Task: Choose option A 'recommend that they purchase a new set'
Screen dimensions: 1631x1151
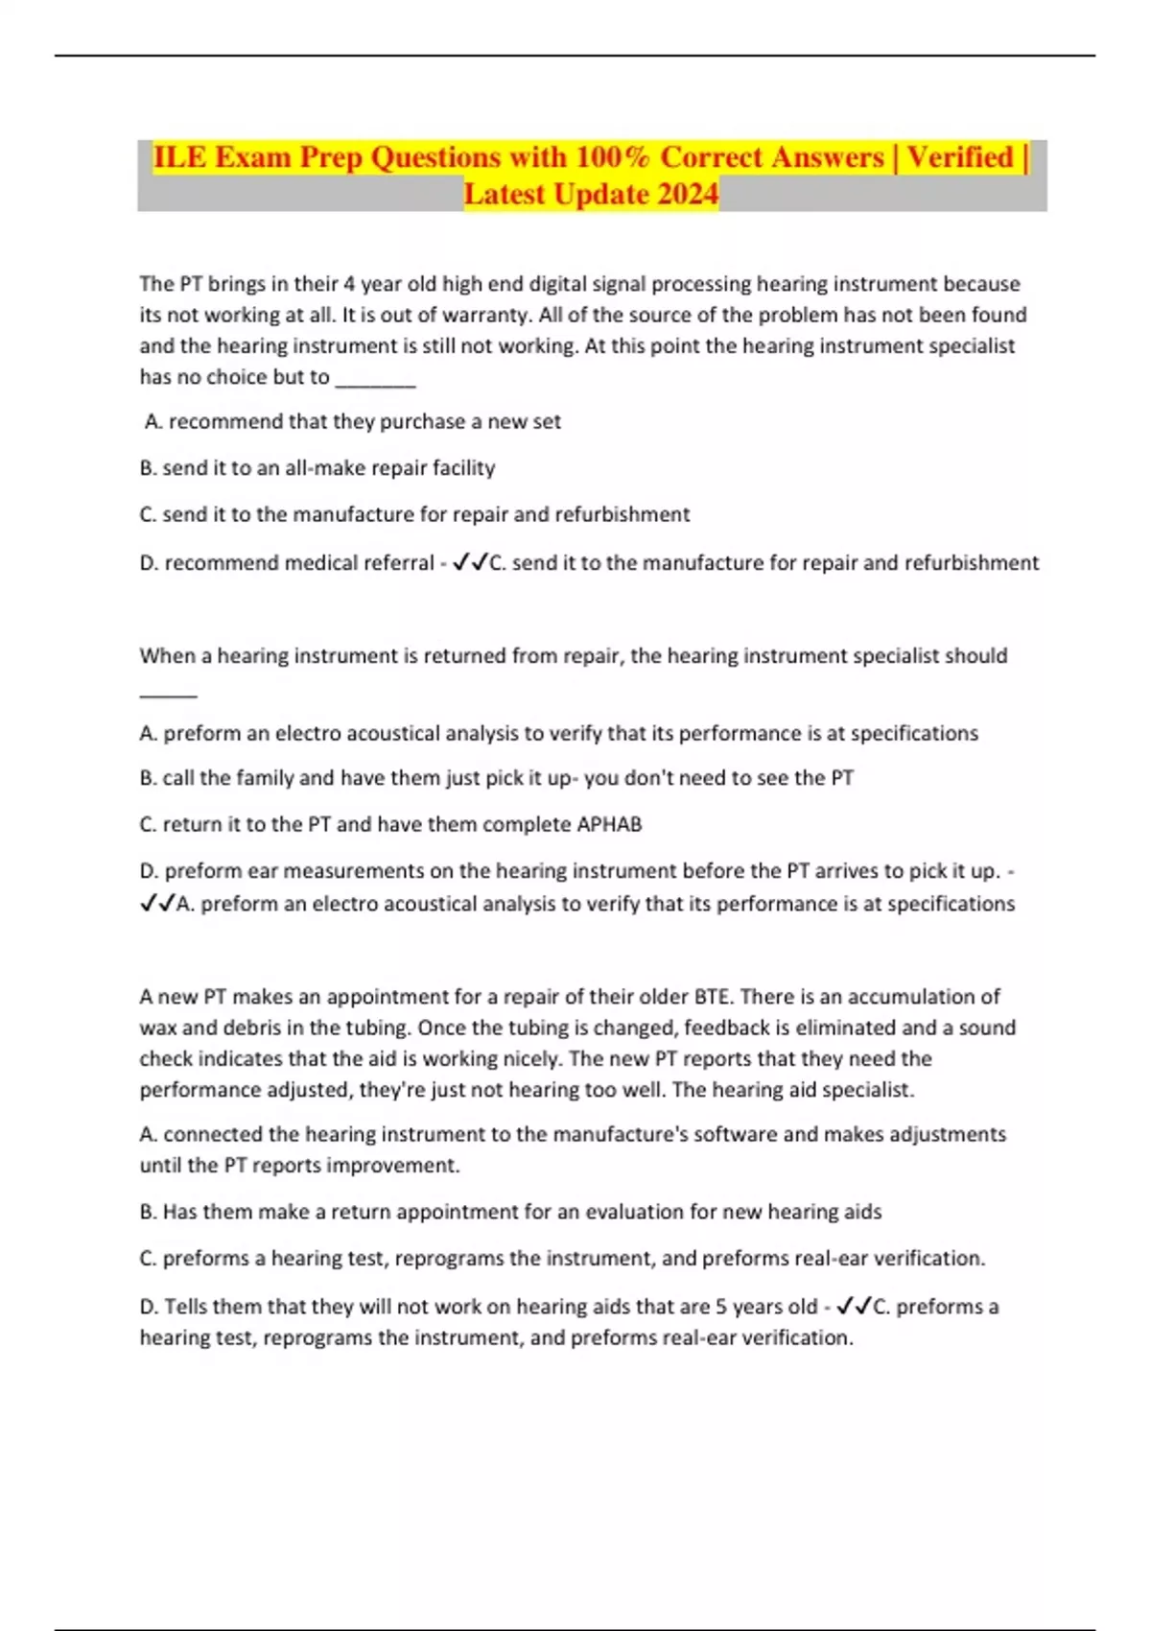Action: pyautogui.click(x=352, y=421)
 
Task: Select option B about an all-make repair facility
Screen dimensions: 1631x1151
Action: pyautogui.click(x=317, y=468)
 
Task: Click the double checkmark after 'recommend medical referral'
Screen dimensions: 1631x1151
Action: pyautogui.click(x=469, y=563)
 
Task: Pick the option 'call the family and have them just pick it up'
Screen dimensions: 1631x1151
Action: pyautogui.click(x=496, y=778)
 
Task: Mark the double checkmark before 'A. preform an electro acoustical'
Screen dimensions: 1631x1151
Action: pyautogui.click(x=156, y=904)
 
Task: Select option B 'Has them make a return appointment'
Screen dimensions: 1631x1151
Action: pyautogui.click(x=510, y=1212)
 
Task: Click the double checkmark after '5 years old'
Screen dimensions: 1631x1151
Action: pyautogui.click(x=853, y=1307)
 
